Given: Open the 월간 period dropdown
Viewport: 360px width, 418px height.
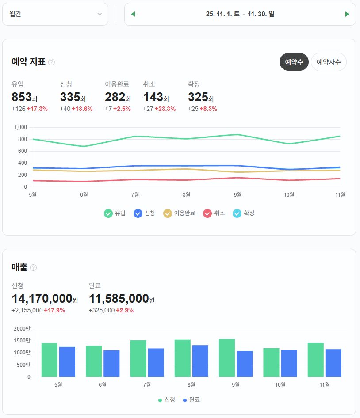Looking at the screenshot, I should click(x=55, y=14).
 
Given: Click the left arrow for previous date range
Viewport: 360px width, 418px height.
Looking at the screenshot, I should click(x=133, y=14).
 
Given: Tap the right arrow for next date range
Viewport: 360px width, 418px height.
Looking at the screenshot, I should click(x=347, y=14).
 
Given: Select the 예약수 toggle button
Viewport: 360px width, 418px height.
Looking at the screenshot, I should click(x=294, y=62).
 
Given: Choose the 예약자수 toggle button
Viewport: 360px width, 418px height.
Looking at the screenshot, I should click(x=329, y=62).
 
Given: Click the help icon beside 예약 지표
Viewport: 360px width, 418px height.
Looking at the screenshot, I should click(x=51, y=62).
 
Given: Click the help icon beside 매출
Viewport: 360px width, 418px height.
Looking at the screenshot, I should click(x=33, y=267).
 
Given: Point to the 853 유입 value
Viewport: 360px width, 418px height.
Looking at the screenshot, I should click(x=22, y=97).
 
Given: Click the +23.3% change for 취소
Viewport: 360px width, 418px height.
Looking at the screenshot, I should click(x=165, y=109).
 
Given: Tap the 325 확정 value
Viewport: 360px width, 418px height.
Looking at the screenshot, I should click(x=198, y=97).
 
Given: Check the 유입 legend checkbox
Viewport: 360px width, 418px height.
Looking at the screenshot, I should click(x=108, y=213).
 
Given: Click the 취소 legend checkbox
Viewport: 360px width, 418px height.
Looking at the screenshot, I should click(x=207, y=213).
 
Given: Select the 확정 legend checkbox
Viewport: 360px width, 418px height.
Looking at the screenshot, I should click(x=237, y=213).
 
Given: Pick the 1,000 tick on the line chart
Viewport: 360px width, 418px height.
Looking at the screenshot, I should click(x=20, y=127).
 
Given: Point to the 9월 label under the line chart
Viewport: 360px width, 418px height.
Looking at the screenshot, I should click(x=237, y=194).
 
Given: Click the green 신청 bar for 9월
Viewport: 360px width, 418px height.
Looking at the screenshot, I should click(x=227, y=358).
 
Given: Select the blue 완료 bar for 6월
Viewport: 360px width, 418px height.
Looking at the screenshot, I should click(x=111, y=363).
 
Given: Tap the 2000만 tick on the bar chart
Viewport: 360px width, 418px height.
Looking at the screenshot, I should click(x=22, y=329).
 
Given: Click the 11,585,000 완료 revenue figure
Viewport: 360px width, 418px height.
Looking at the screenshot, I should click(x=119, y=299).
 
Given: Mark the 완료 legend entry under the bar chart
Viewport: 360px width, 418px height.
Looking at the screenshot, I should click(x=191, y=400).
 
